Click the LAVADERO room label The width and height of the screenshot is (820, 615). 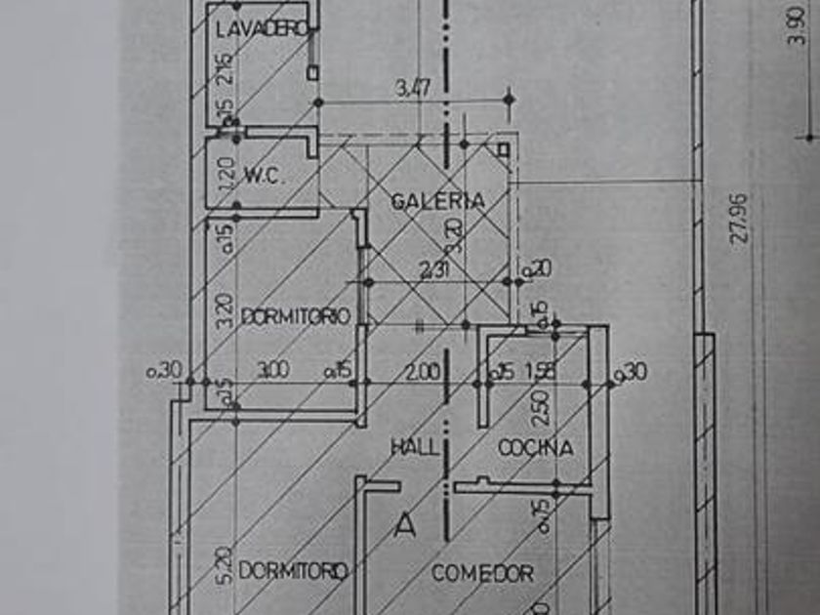(262, 29)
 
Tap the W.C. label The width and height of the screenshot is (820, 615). (263, 177)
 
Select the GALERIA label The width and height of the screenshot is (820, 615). (438, 201)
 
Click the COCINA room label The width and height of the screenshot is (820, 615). (535, 448)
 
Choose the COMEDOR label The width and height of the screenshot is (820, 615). (483, 573)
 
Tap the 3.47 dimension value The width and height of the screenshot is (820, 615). (414, 89)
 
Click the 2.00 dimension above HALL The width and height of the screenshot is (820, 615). (422, 371)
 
